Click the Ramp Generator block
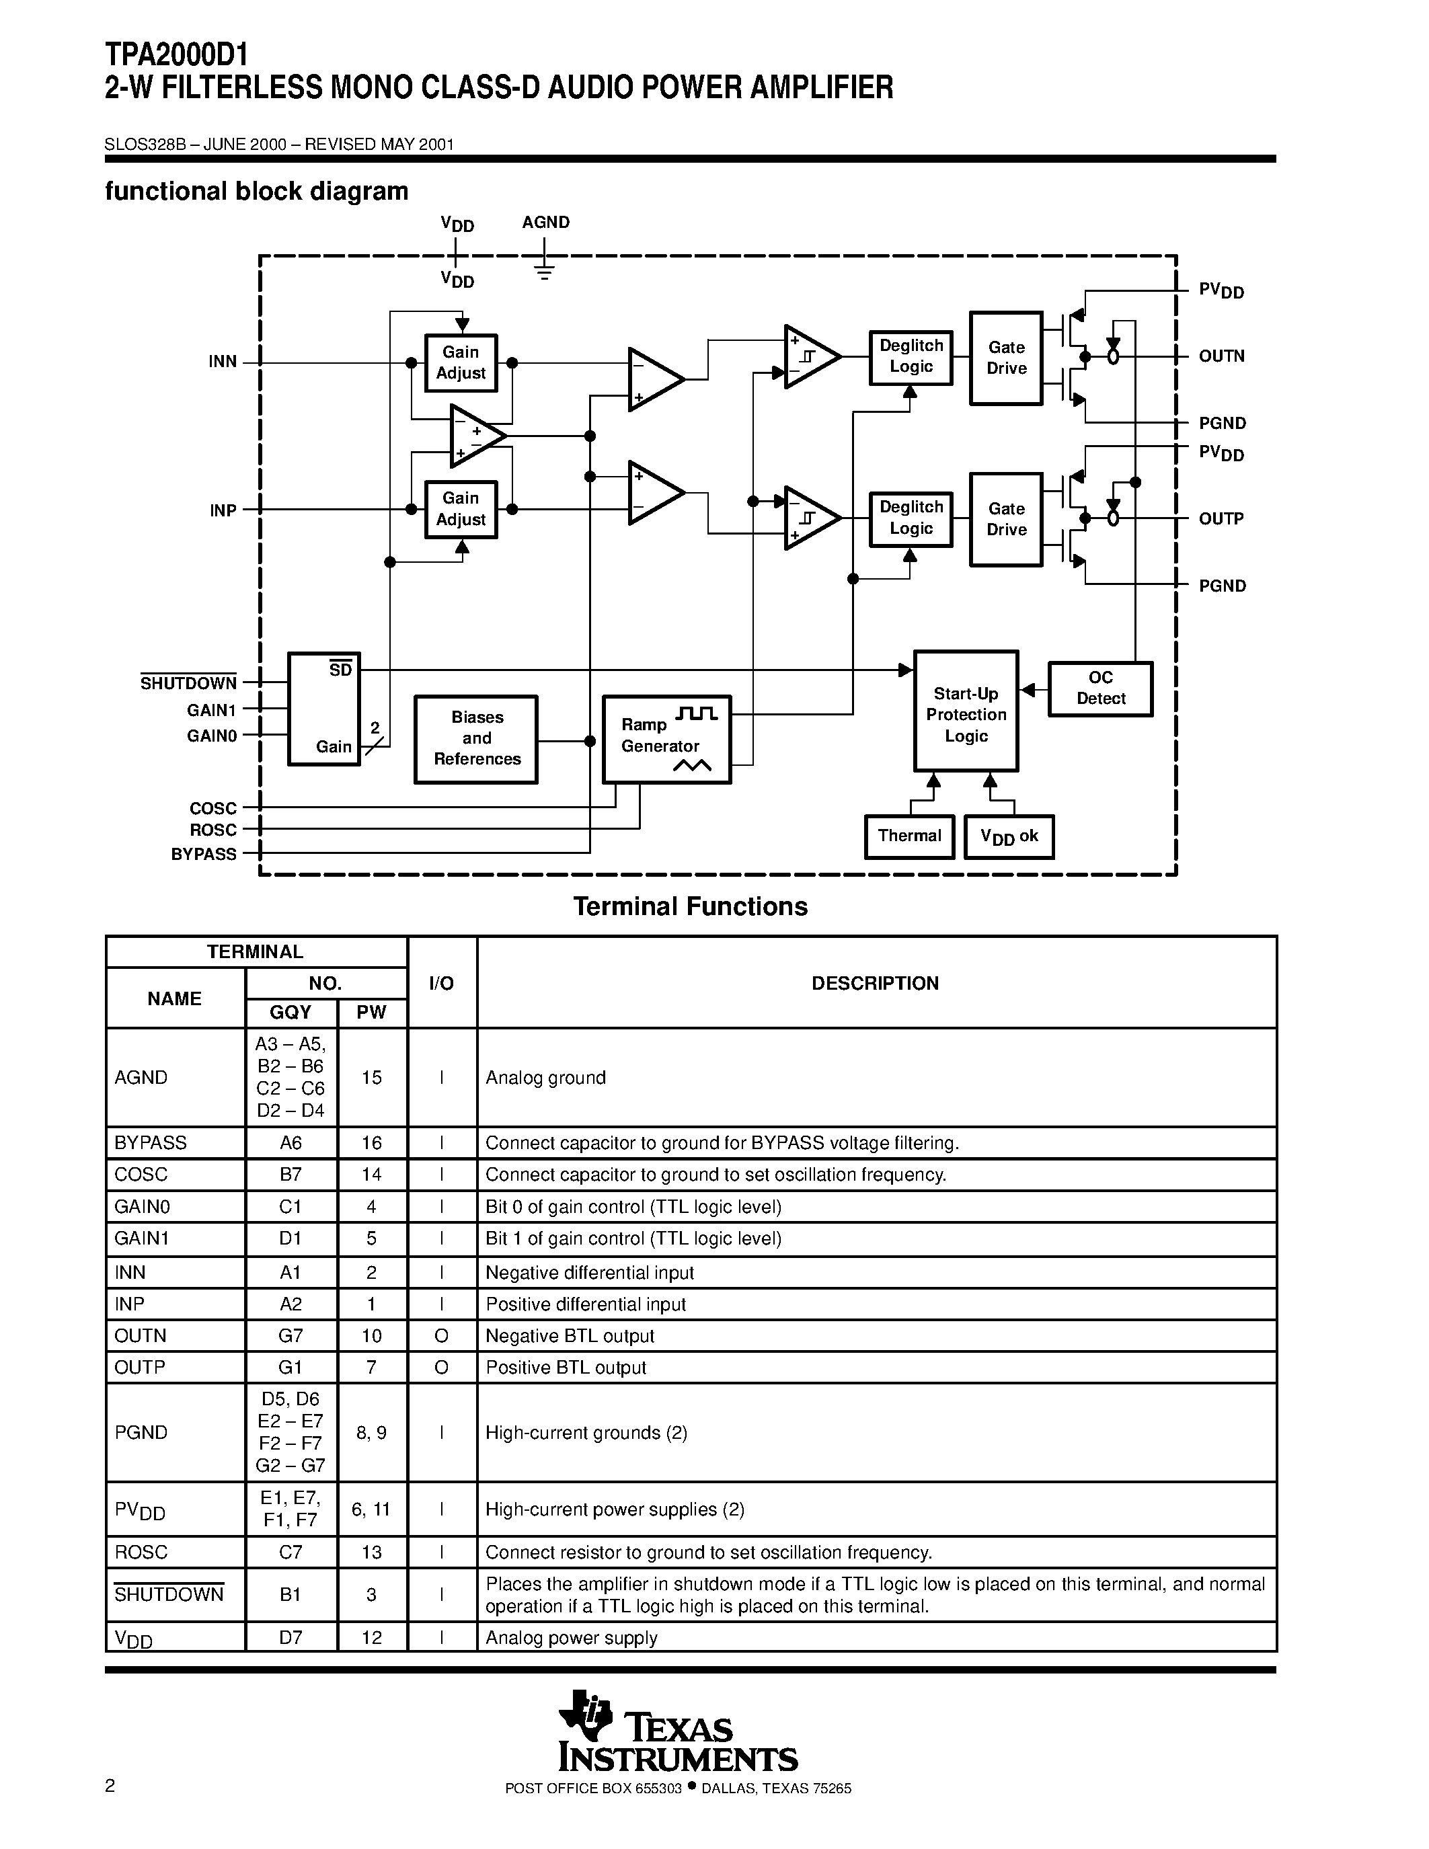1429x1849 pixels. click(666, 739)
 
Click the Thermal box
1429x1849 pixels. click(909, 836)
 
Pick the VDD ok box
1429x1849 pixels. click(1008, 836)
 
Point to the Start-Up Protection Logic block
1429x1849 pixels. click(966, 711)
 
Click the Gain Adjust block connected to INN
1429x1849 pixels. click(461, 362)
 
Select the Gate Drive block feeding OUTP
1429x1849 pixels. click(1006, 519)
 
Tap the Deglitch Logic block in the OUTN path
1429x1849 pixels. click(911, 357)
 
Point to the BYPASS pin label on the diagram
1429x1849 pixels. click(204, 854)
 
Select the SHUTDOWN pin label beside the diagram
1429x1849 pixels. click(188, 683)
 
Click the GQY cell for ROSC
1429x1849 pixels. click(291, 1552)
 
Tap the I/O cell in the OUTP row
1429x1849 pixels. click(441, 1368)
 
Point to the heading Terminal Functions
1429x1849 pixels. click(690, 907)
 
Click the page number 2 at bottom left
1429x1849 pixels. click(110, 1786)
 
